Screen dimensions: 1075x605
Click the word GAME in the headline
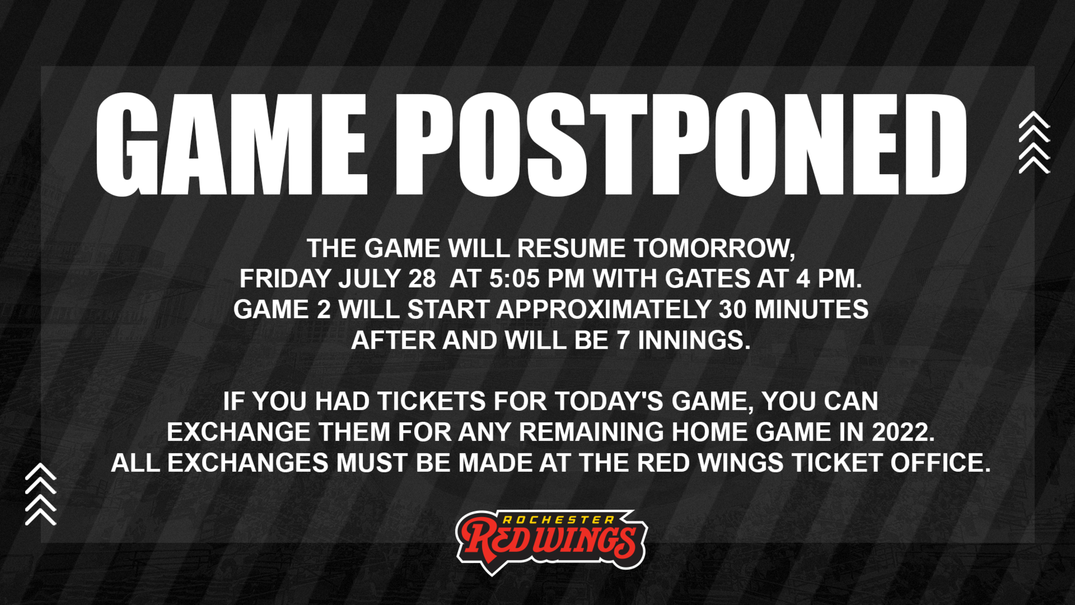(x=232, y=145)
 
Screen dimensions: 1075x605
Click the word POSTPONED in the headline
(x=681, y=145)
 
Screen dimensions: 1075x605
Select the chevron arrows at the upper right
(x=1034, y=142)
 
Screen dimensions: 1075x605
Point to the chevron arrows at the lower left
(x=41, y=494)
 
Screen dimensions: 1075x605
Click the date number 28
(x=422, y=279)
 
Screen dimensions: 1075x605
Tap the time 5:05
(x=515, y=279)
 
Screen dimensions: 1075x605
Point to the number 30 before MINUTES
(x=733, y=310)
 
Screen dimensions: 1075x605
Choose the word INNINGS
(x=694, y=340)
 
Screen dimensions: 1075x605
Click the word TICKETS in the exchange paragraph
(x=431, y=402)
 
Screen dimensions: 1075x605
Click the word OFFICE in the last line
(x=941, y=463)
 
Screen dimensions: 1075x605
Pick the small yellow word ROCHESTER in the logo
(x=552, y=520)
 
